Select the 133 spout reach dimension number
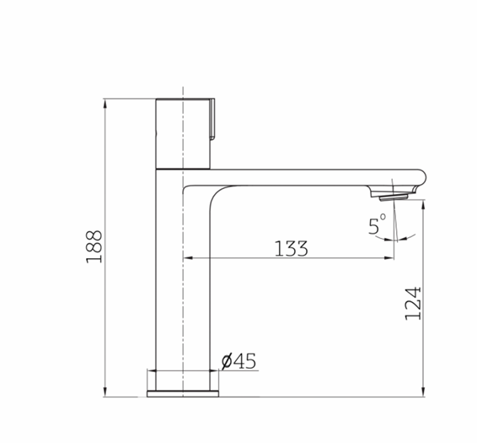click(x=291, y=248)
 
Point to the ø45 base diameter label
click(x=238, y=362)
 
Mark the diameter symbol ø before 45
click(x=227, y=362)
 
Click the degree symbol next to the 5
click(x=383, y=219)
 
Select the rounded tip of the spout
click(x=422, y=177)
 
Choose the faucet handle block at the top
click(x=183, y=133)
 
